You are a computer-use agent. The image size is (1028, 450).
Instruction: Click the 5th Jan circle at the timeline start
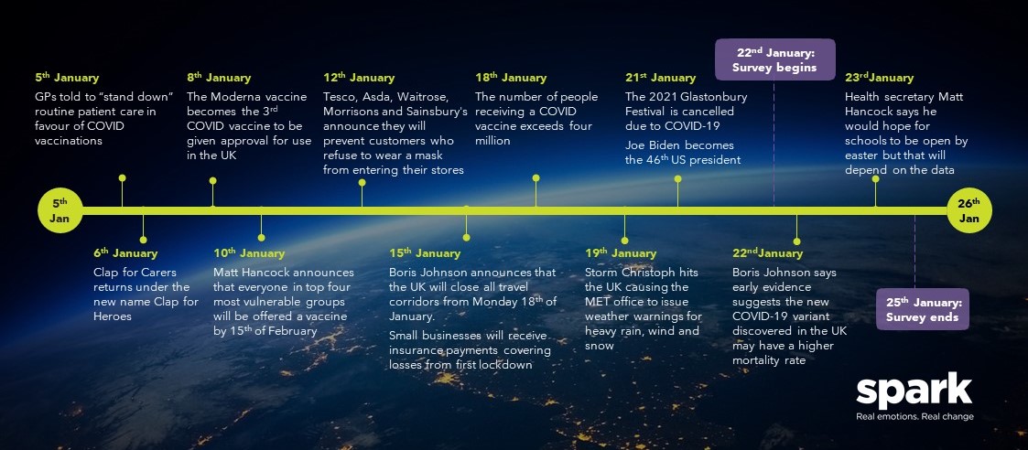coord(60,210)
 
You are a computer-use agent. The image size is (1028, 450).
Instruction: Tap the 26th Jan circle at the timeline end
coord(969,210)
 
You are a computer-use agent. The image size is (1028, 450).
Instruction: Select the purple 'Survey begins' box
coord(774,59)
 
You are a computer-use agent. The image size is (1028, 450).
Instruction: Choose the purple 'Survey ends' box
coord(923,309)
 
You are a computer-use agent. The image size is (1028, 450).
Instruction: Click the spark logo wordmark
coord(914,391)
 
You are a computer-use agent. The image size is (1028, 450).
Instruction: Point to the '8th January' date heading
coord(218,78)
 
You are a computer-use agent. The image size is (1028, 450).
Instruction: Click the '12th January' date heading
coord(359,78)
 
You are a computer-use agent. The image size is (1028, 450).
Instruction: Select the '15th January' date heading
coord(425,252)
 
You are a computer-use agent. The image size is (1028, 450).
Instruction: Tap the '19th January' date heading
coord(621,252)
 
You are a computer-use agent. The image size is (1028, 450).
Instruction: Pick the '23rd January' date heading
coord(879,78)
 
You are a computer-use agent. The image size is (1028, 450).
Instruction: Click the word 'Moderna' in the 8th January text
coord(235,97)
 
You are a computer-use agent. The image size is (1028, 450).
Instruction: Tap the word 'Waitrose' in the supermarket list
coord(425,97)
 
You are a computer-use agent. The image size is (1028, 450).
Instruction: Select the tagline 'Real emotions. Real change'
coord(914,416)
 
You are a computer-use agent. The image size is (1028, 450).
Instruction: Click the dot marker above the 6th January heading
coord(143,240)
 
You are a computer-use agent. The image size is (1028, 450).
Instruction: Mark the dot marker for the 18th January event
coord(536,177)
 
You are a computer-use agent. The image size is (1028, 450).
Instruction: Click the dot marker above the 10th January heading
coord(261,237)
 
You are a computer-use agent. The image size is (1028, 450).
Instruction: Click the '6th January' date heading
coord(125,252)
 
